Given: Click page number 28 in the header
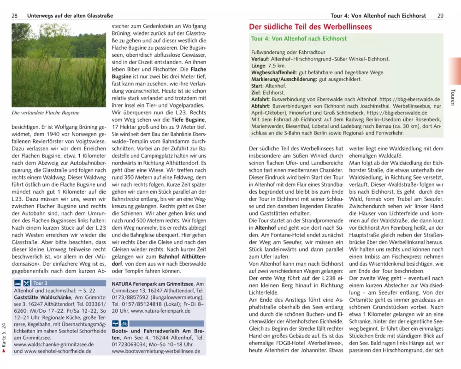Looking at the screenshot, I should tap(14, 16).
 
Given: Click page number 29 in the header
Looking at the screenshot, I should tap(440, 16).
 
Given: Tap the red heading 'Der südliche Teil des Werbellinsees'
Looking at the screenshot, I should tap(310, 27).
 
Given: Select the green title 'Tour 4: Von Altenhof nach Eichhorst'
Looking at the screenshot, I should tap(299, 39).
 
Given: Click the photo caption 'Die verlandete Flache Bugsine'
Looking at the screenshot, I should tap(46, 113).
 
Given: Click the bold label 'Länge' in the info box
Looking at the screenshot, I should tap(259, 66).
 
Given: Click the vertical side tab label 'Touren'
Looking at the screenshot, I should tap(453, 97).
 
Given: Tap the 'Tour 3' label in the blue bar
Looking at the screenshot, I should tap(40, 283).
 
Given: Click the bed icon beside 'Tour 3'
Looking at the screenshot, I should tap(17, 283).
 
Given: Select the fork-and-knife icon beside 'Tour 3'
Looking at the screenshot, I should tap(26, 283).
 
